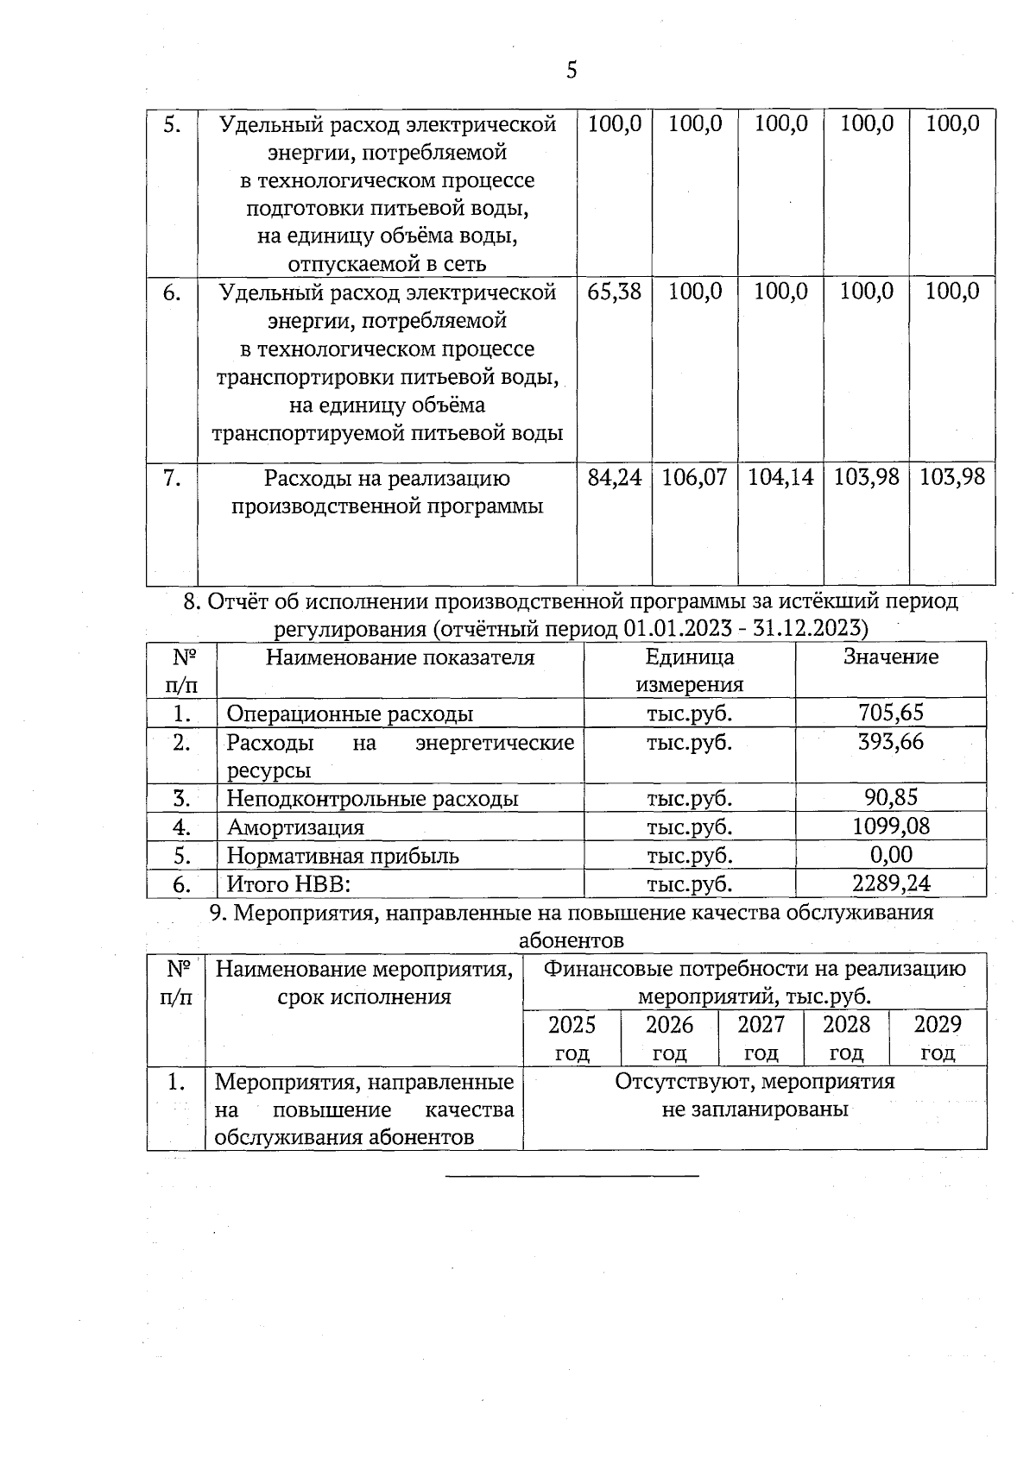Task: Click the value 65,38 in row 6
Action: click(x=614, y=292)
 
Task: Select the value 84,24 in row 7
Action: click(x=614, y=477)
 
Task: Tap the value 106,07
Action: click(x=694, y=477)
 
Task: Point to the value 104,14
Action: click(x=780, y=477)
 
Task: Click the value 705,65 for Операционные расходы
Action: click(x=891, y=713)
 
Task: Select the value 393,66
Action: click(x=891, y=741)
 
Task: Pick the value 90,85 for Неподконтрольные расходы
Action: click(x=891, y=797)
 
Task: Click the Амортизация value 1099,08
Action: click(x=891, y=826)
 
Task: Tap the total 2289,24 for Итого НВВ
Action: click(x=891, y=883)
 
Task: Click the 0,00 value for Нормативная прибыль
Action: click(x=891, y=855)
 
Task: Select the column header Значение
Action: click(x=891, y=657)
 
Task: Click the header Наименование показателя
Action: click(x=400, y=658)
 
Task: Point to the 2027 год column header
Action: click(x=761, y=1038)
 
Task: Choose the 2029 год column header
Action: click(x=938, y=1038)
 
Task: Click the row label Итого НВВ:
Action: click(x=288, y=884)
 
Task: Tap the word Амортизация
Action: click(x=295, y=827)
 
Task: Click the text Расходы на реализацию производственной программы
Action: click(x=387, y=492)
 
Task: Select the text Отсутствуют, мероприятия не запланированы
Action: click(x=755, y=1095)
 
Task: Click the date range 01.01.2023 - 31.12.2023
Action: click(x=743, y=628)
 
